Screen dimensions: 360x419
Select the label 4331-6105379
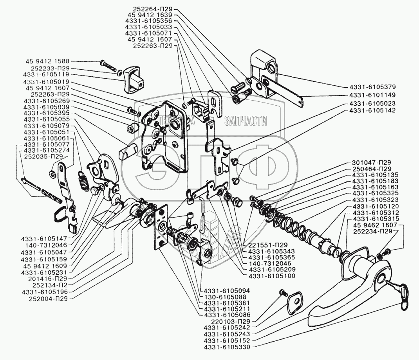coord(370,87)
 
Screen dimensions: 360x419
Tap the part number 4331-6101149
coord(370,95)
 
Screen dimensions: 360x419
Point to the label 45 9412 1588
coord(47,61)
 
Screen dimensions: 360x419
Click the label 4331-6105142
coord(370,111)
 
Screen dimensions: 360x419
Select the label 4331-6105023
coord(370,104)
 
